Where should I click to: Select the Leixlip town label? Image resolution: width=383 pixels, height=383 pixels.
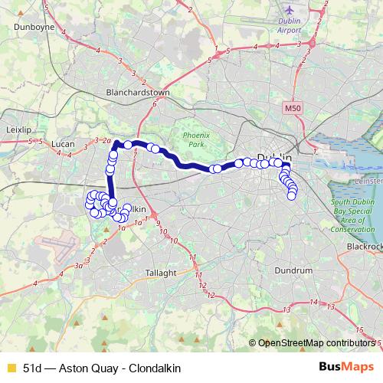click(18, 131)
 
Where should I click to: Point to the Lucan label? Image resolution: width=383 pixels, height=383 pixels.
click(61, 144)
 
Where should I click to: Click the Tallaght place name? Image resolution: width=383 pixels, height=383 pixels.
click(162, 272)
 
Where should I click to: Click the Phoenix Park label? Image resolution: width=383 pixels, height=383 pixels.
click(196, 139)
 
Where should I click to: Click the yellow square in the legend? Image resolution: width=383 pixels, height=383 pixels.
click(10, 366)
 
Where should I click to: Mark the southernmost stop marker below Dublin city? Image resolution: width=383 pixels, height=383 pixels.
click(292, 196)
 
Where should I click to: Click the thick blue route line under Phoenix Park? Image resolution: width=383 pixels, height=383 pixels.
click(184, 162)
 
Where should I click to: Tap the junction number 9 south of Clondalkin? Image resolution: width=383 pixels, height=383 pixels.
click(159, 224)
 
